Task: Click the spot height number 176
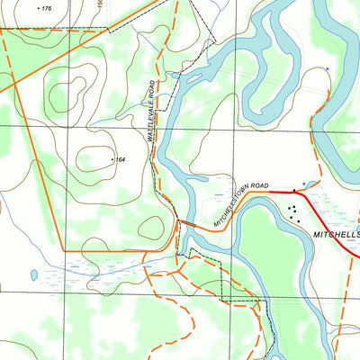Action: pyautogui.click(x=47, y=8)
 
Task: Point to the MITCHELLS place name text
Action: pyautogui.click(x=336, y=233)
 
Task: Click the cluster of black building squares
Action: pyautogui.click(x=292, y=213)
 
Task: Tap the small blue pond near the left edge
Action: pyautogui.click(x=33, y=274)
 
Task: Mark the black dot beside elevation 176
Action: pyautogui.click(x=39, y=8)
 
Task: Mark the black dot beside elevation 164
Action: pyautogui.click(x=112, y=160)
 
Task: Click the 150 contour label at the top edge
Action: pyautogui.click(x=101, y=4)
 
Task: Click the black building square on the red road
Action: pyautogui.click(x=294, y=193)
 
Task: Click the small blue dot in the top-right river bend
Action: pyautogui.click(x=328, y=68)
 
